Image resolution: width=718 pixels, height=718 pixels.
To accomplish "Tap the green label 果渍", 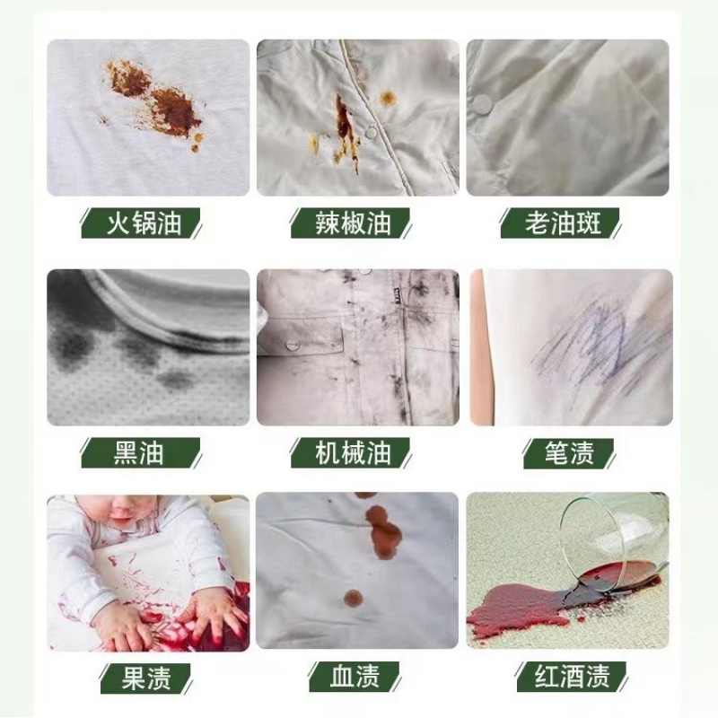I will [140, 676].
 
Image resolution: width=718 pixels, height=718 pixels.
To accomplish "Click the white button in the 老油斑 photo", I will [483, 104].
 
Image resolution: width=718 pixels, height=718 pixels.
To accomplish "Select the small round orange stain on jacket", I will [388, 98].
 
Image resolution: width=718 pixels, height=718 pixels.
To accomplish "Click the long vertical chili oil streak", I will [345, 130].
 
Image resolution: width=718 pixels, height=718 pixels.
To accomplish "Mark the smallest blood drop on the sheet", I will [353, 596].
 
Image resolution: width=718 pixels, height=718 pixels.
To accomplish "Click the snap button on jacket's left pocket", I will [292, 344].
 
